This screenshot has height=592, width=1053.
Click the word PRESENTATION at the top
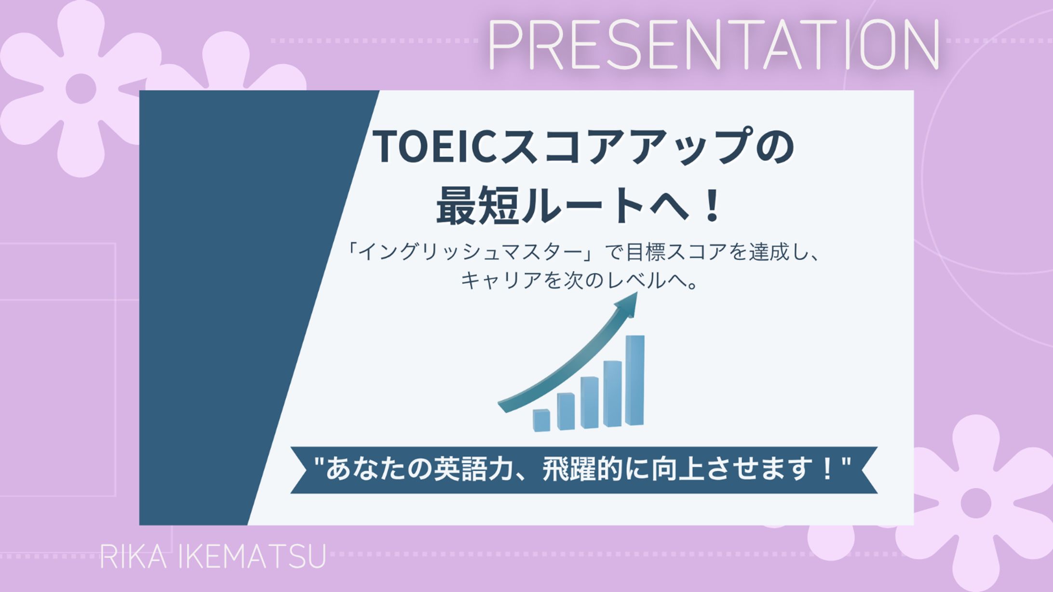714,44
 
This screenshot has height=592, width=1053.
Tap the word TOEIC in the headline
436,147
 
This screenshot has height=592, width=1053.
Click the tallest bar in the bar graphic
634,381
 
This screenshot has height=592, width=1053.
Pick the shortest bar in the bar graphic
541,420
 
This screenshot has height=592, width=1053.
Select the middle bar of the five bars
589,402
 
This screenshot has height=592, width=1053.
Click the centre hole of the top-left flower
81,89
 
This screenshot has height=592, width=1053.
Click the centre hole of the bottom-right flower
975,503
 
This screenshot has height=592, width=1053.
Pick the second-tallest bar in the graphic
612,394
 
